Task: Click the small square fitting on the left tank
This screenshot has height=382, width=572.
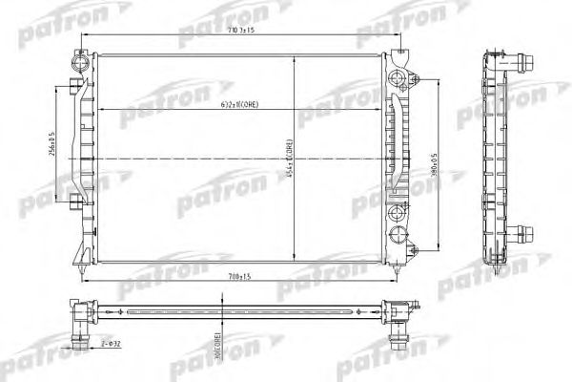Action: pyautogui.click(x=76, y=201)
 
